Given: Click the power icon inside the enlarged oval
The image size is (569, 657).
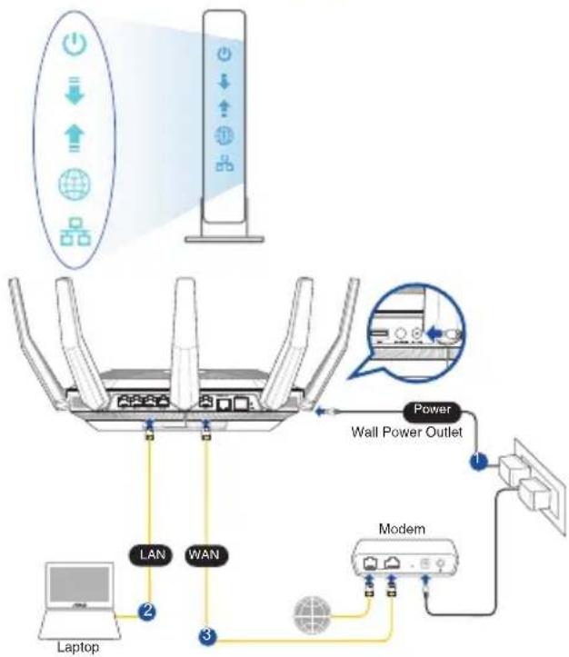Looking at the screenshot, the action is (75, 45).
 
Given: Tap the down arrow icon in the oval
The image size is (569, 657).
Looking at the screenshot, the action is (75, 91).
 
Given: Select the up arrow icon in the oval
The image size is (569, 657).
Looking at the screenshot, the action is (75, 139).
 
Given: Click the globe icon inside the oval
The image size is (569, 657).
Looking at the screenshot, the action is (75, 184).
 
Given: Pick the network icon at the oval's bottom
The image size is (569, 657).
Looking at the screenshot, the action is (75, 232).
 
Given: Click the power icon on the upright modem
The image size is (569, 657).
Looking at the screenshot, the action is (225, 54).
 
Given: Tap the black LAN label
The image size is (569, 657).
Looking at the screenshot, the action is (152, 555).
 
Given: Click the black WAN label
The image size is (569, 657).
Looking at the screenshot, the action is (205, 555).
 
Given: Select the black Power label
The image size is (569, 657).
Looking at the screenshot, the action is (432, 410).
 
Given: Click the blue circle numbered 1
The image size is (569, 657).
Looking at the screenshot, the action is (478, 460).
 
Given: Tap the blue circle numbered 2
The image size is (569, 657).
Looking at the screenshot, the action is (147, 612).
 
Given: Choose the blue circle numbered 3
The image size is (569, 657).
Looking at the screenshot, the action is (207, 635).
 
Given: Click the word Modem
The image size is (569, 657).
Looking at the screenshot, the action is (402, 529).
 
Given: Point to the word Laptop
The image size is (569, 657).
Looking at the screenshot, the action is (78, 647).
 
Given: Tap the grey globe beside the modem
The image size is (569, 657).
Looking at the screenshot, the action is (312, 615).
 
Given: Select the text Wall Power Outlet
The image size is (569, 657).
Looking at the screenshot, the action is (406, 432).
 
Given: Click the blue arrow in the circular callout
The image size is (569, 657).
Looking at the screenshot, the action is (434, 333).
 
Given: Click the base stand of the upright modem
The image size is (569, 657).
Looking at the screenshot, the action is (225, 239).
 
